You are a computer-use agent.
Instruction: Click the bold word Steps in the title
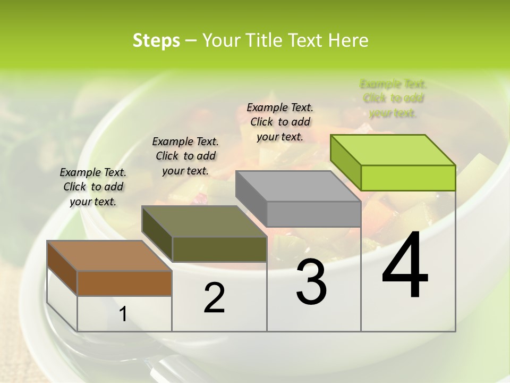click(x=156, y=40)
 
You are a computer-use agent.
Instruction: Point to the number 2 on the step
click(x=214, y=298)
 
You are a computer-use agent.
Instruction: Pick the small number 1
click(x=123, y=314)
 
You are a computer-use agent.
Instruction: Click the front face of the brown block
click(x=124, y=283)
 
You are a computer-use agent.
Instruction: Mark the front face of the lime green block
click(x=408, y=178)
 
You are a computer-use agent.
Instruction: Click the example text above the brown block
click(x=93, y=187)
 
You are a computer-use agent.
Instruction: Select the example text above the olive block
click(x=185, y=156)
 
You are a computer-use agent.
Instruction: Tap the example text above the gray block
click(x=280, y=122)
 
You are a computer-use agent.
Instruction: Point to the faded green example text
click(x=393, y=98)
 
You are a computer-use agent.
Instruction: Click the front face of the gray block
click(x=313, y=214)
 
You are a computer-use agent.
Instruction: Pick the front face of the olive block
click(x=219, y=249)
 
